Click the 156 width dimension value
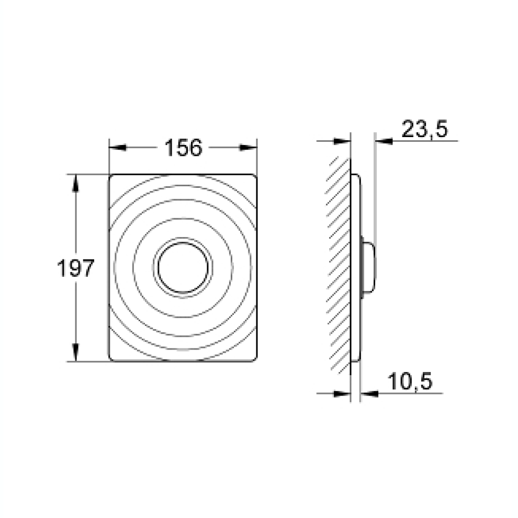[x=183, y=148]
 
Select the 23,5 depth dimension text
[x=424, y=129]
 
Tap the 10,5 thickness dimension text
[x=410, y=381]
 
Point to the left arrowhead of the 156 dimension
[x=118, y=148]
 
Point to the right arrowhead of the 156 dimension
[x=249, y=148]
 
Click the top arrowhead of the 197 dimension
[x=76, y=183]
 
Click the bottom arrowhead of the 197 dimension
[x=76, y=353]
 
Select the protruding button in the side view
[x=369, y=267]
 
